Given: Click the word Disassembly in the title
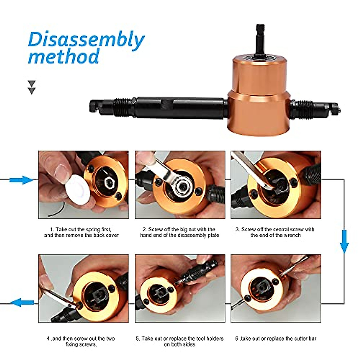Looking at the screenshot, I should [x=86, y=40].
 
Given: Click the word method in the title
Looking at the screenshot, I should [x=64, y=56].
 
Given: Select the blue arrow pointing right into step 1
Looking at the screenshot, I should [x=21, y=180].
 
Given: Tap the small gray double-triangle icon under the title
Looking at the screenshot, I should [x=31, y=87].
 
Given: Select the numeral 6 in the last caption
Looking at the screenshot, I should [x=237, y=339].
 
